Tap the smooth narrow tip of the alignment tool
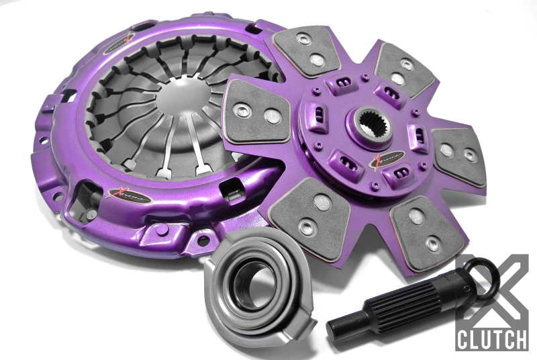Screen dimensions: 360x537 pyautogui.click(x=342, y=329)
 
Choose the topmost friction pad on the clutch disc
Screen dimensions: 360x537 pyautogui.click(x=310, y=48)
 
